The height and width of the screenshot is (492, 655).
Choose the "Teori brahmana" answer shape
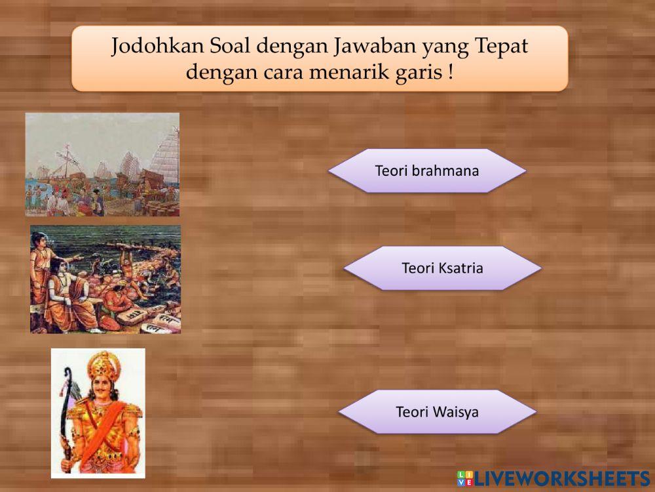[x=427, y=171]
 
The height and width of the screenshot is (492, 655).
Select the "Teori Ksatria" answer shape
[x=442, y=268]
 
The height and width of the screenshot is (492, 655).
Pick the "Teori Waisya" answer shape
[x=437, y=412]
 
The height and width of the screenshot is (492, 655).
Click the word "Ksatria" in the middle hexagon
[x=460, y=268]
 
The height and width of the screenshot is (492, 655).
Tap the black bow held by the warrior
[x=65, y=407]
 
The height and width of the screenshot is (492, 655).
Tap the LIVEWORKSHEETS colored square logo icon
[x=466, y=478]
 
